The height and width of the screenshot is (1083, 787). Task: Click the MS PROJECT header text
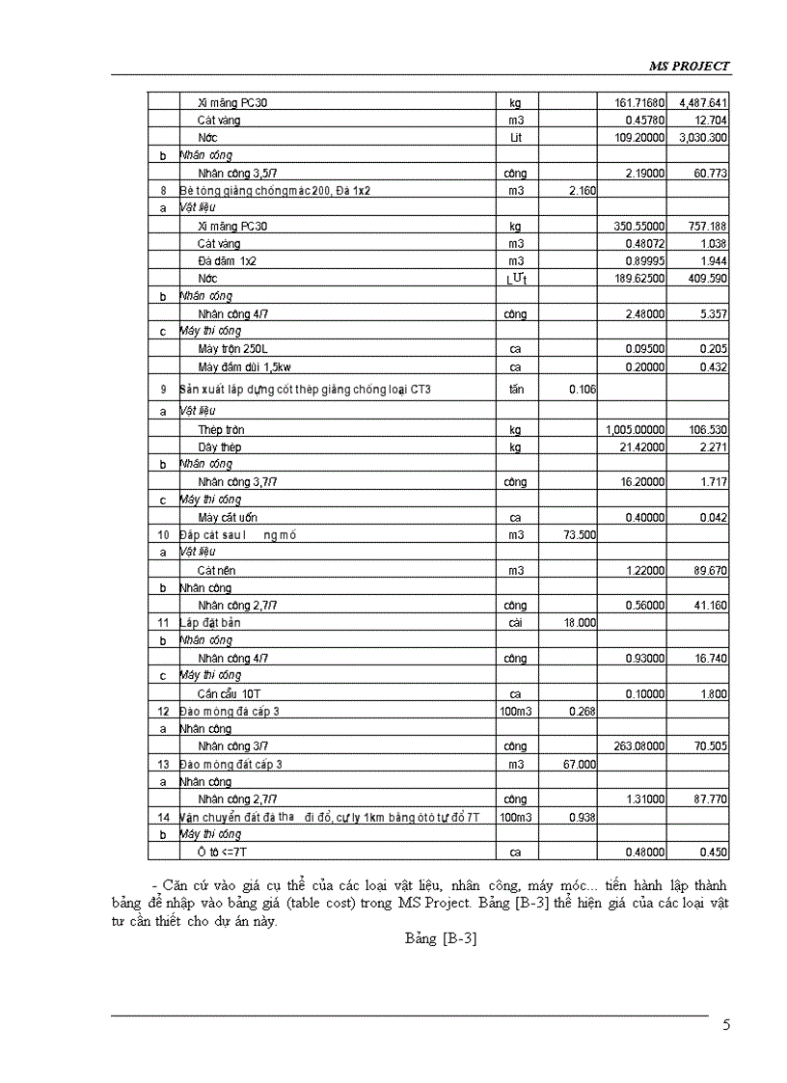pyautogui.click(x=688, y=66)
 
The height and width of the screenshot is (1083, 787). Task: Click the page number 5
pyautogui.click(x=726, y=1024)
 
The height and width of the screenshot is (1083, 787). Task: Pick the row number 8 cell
pyautogui.click(x=163, y=191)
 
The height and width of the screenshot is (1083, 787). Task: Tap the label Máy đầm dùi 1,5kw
pyautogui.click(x=245, y=367)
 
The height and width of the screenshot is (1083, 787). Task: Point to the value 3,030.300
pyautogui.click(x=702, y=138)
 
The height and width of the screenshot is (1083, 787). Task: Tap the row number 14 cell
pyautogui.click(x=163, y=817)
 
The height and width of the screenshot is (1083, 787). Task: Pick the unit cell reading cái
pyautogui.click(x=515, y=623)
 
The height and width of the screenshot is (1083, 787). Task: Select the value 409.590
pyautogui.click(x=707, y=279)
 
